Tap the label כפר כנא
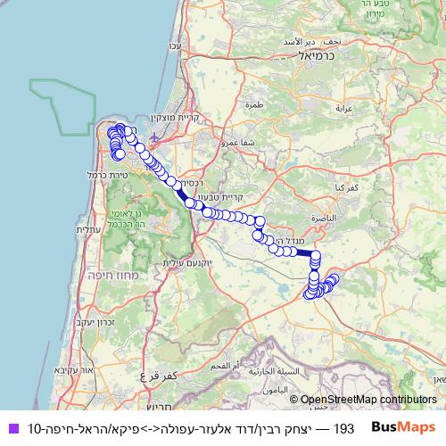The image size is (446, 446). [324, 188]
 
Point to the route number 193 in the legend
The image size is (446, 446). [343, 427]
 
